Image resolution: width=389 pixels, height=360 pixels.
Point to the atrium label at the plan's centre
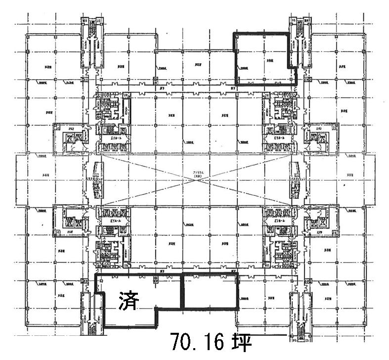pos(199,174)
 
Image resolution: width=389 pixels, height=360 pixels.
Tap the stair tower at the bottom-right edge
pos(300,316)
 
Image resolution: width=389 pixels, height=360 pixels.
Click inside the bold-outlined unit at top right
pos(262,59)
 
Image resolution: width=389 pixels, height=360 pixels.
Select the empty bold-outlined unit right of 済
pos(210,292)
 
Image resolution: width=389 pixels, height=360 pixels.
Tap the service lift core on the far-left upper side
pos(69,137)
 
